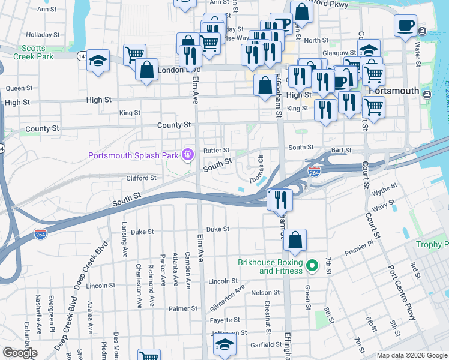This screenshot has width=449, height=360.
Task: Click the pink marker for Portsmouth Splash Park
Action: pos(187,155)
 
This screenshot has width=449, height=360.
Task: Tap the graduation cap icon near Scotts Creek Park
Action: pos(98,61)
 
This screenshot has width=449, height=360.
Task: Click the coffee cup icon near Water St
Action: pos(406,26)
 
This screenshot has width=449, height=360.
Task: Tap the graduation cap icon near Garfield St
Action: pos(224,344)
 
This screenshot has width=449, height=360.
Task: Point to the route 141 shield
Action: pos(81,56)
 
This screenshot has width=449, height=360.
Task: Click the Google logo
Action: pos(19,353)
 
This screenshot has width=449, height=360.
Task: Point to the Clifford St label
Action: pos(141,178)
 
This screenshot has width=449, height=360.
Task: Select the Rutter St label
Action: pos(216,150)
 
